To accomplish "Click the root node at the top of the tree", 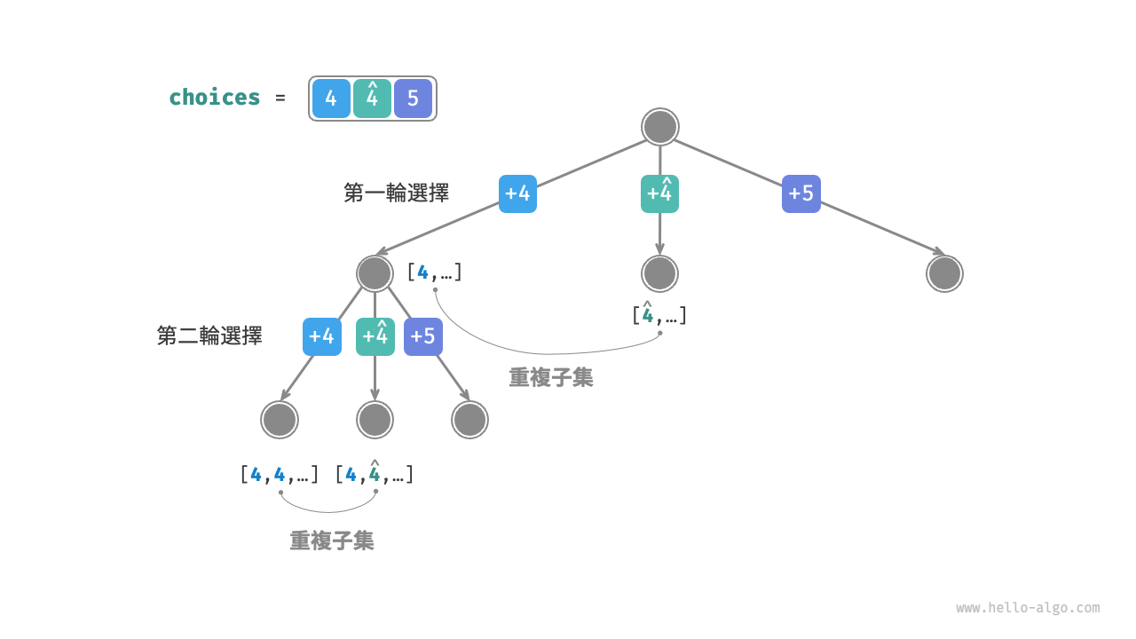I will click(x=659, y=127).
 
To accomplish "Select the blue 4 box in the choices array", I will click(x=331, y=99).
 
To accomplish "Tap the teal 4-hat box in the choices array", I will click(x=372, y=99).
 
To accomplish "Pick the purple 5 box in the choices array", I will click(x=413, y=99).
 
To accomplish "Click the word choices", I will click(x=215, y=98).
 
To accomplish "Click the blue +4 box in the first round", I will click(x=517, y=193).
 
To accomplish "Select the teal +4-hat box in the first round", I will click(x=659, y=193).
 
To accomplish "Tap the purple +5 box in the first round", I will click(x=801, y=193).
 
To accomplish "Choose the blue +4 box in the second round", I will click(x=321, y=336).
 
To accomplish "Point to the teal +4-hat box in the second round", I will click(x=375, y=336).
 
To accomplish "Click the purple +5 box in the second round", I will click(x=423, y=336).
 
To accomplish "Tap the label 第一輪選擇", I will click(x=396, y=193).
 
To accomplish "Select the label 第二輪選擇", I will click(x=209, y=335).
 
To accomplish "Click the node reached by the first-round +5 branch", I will click(x=944, y=273).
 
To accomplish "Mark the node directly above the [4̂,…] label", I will click(x=659, y=273).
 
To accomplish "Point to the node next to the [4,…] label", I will click(x=375, y=273).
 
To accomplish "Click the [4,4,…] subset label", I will click(x=279, y=475).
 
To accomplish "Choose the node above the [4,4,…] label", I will click(x=280, y=420).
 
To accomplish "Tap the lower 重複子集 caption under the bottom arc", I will click(x=332, y=540).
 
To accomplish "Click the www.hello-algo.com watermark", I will click(x=1028, y=608).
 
